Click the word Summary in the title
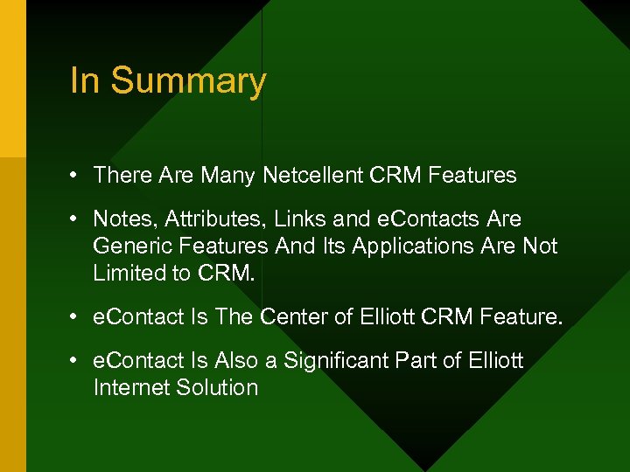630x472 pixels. (x=188, y=82)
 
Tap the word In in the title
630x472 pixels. (x=85, y=80)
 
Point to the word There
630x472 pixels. (x=122, y=175)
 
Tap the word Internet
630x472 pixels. (x=129, y=387)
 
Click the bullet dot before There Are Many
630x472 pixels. (x=76, y=175)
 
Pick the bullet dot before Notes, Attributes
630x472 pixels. (x=76, y=219)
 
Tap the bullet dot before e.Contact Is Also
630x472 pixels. (x=76, y=360)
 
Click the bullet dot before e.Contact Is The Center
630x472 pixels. (x=76, y=316)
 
